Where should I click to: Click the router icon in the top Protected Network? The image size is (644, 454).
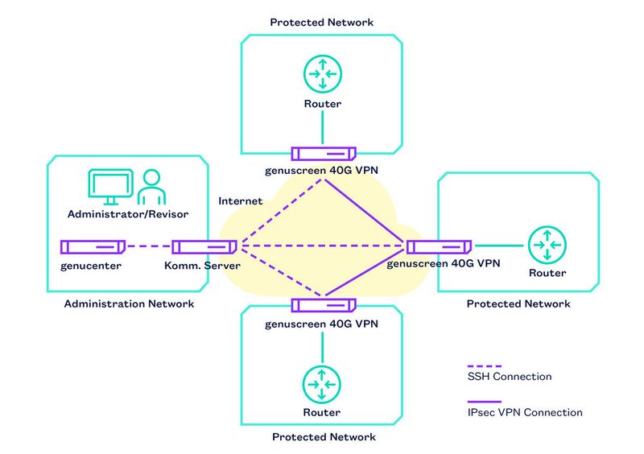click(x=322, y=75)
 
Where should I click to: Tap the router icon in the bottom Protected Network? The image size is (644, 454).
click(x=322, y=384)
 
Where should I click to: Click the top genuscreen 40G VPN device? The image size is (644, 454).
click(x=323, y=153)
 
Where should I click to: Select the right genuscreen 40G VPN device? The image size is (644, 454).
click(x=439, y=246)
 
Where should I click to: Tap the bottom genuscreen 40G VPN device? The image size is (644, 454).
click(x=323, y=305)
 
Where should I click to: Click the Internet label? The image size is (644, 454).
click(x=240, y=200)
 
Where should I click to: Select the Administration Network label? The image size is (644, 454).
click(x=129, y=304)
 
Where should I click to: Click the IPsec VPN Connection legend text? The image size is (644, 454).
click(x=525, y=413)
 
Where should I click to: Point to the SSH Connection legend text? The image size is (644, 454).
click(x=510, y=377)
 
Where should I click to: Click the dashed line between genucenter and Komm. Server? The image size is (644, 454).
click(x=148, y=246)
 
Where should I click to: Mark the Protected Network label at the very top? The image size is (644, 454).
click(x=322, y=23)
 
